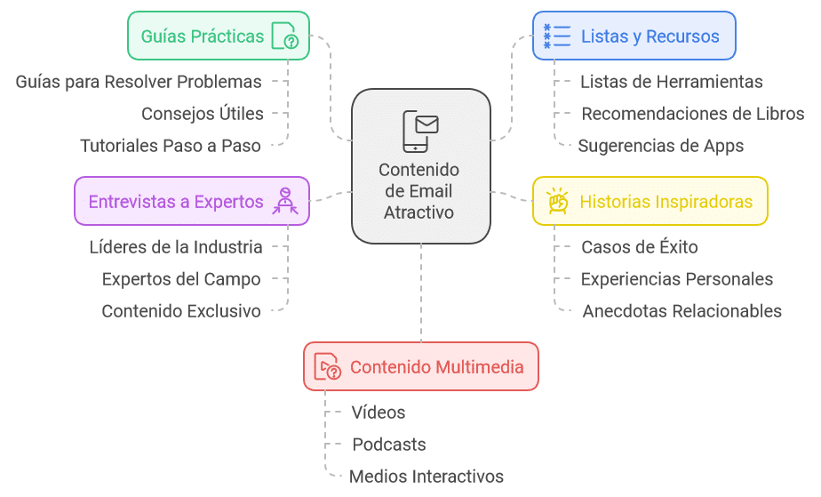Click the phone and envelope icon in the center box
click(x=420, y=130)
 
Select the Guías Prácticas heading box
click(x=219, y=36)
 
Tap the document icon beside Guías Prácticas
click(x=284, y=36)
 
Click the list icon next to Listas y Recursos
click(x=557, y=36)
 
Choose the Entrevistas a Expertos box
click(x=191, y=201)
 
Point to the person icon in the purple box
click(x=285, y=201)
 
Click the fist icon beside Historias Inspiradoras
click(x=557, y=201)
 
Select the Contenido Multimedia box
click(x=420, y=366)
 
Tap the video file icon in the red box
click(x=328, y=366)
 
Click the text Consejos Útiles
click(x=203, y=114)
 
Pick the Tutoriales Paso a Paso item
click(x=171, y=146)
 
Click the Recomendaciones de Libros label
click(x=692, y=114)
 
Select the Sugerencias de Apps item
click(x=660, y=146)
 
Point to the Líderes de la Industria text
click(x=176, y=247)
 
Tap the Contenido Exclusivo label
click(x=181, y=311)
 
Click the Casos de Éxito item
click(x=639, y=247)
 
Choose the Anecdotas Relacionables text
click(x=682, y=311)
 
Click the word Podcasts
click(x=389, y=445)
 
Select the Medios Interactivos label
click(x=426, y=477)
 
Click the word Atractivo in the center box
click(x=419, y=212)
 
